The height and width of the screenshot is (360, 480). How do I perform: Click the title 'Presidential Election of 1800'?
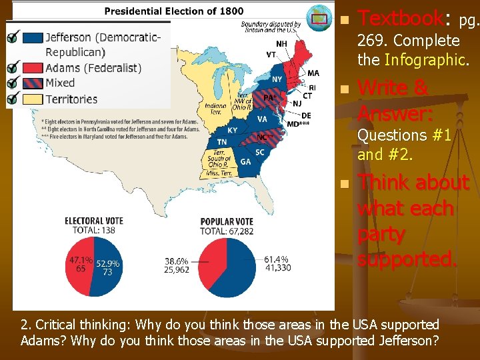point(174,11)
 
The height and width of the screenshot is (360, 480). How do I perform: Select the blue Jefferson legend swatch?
point(32,37)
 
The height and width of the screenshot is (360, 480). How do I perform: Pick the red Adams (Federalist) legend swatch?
point(32,67)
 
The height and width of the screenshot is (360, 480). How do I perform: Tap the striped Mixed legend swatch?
point(32,83)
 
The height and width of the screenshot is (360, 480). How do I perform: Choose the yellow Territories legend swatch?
point(32,99)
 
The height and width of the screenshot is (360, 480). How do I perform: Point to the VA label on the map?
point(262,119)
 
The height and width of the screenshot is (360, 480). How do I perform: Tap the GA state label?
point(245,162)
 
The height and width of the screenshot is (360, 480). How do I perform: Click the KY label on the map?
point(232,130)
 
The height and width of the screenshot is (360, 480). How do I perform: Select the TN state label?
point(221,142)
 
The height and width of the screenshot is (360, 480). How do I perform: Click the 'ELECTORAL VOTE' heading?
point(93,221)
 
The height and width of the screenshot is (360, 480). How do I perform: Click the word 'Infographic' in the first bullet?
point(424,60)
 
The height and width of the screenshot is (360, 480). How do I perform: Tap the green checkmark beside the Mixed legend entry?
point(12,83)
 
